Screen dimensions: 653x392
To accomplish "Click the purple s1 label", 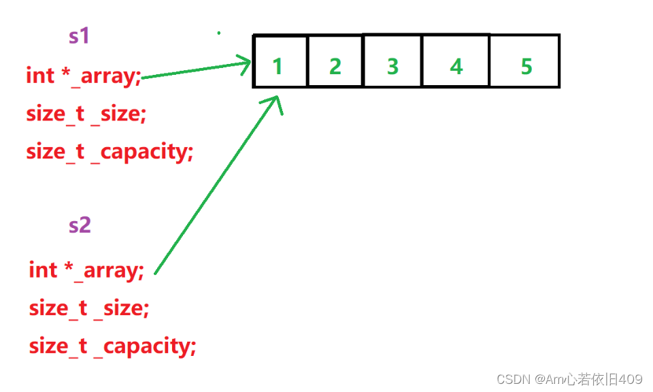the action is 79,35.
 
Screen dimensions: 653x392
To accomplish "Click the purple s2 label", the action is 80,225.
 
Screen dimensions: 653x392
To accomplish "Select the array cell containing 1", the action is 280,61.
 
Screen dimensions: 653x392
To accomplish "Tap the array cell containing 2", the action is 335,61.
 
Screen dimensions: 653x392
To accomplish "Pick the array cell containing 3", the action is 392,61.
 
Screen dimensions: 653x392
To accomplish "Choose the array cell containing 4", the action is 456,61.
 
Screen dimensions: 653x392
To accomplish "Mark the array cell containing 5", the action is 524,61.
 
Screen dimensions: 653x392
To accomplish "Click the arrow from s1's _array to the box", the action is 196,69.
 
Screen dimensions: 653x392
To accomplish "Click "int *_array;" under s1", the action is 84,76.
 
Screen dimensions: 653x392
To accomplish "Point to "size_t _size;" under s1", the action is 86,114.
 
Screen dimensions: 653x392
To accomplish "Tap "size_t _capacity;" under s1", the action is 110,152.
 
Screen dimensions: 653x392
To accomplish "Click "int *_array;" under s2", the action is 86,270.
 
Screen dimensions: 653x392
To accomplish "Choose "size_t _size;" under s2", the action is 89,309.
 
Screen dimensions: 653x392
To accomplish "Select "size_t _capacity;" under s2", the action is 112,346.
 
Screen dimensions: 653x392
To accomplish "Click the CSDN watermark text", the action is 569,379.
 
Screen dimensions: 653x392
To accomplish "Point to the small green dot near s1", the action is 218,33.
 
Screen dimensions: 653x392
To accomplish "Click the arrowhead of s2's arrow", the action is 275,102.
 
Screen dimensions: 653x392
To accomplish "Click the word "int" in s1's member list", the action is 40,76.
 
